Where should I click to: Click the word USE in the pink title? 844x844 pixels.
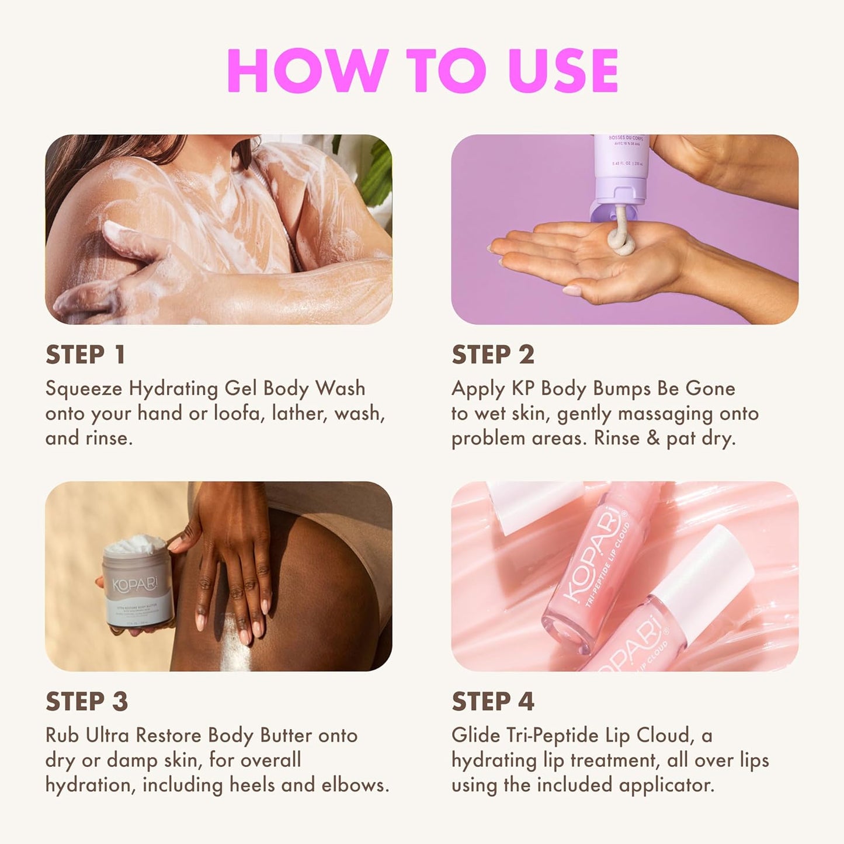563,71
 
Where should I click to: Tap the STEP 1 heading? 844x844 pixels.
85,355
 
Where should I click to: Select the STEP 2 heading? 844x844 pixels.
493,355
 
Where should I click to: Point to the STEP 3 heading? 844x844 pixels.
86,702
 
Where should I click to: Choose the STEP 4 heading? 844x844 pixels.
493,702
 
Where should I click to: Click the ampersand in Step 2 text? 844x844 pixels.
653,439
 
